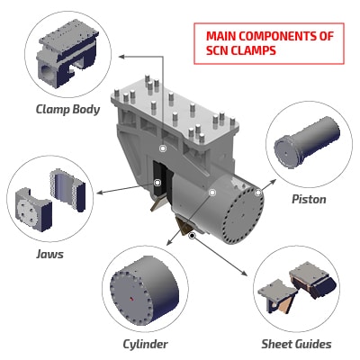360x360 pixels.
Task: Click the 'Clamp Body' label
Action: click(x=67, y=110)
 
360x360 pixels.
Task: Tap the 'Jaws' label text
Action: click(x=49, y=255)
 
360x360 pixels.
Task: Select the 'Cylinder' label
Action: click(x=145, y=345)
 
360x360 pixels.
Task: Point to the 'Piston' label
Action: click(x=309, y=199)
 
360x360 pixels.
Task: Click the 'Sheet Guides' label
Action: click(x=296, y=344)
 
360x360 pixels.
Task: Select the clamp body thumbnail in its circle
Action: click(x=67, y=54)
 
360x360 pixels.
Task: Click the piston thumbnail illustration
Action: click(x=307, y=141)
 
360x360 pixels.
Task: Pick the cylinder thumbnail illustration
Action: click(x=144, y=291)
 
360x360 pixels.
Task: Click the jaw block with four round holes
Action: click(x=33, y=209)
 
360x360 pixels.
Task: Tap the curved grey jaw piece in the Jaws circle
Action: click(x=67, y=190)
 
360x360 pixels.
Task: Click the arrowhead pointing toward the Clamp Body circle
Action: click(x=121, y=56)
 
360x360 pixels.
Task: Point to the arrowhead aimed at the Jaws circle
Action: click(x=100, y=192)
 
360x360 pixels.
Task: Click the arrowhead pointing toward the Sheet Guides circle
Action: click(x=245, y=273)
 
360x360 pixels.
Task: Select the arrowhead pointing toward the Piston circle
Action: click(x=273, y=182)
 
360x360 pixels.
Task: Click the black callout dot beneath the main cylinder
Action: click(x=193, y=236)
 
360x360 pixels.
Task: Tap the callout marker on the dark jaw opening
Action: click(x=157, y=183)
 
